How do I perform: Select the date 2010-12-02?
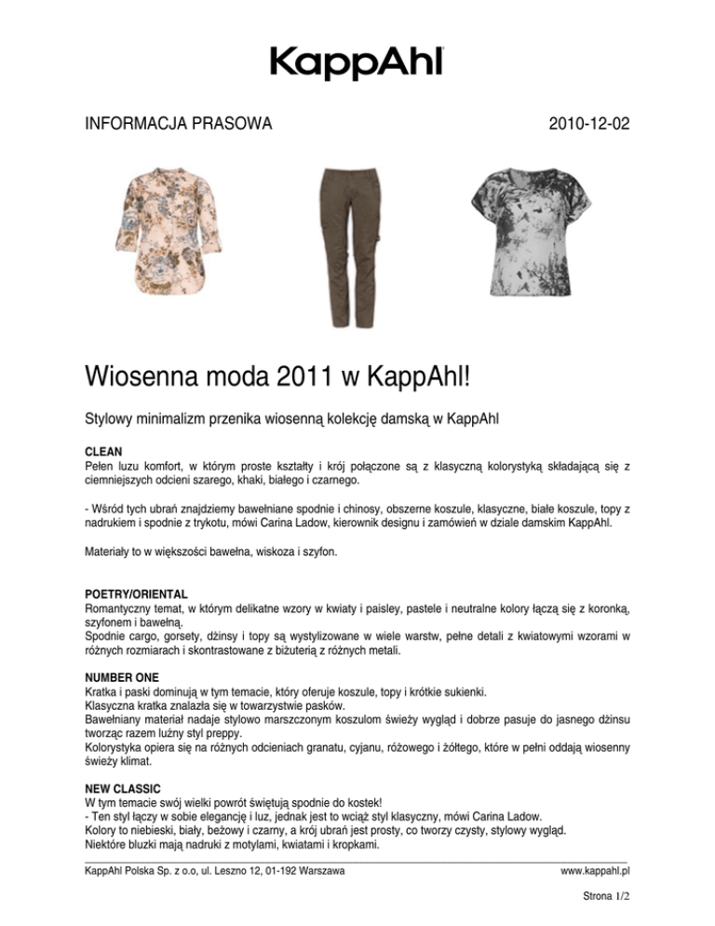pos(589,123)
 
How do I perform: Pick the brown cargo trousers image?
pos(346,246)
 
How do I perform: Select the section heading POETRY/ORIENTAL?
pos(136,593)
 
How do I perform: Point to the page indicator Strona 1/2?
pos(600,902)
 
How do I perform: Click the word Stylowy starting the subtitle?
pos(110,418)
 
